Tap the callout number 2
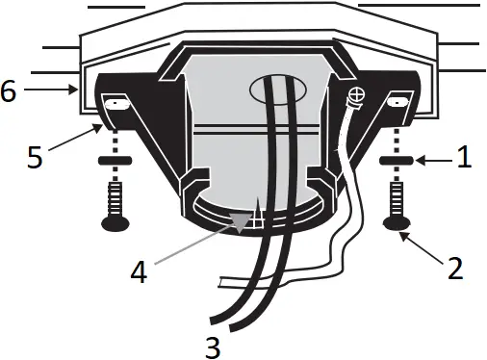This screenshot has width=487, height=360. (453, 267)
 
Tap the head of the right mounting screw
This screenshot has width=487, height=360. (397, 224)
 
